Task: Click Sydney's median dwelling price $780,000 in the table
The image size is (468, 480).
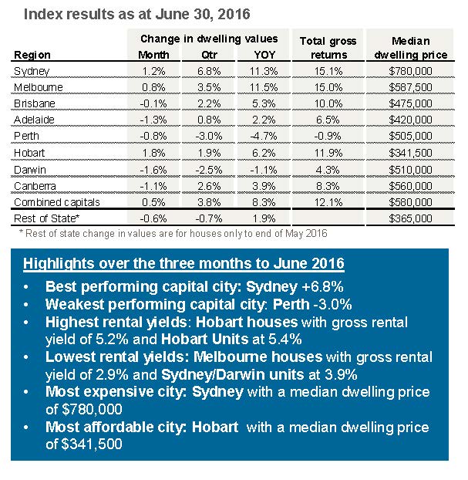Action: point(410,71)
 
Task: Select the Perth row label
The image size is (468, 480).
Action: point(26,136)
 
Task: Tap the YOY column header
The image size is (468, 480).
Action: point(264,55)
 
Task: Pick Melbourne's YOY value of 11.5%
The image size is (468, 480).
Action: point(264,87)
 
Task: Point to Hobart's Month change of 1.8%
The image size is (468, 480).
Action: point(154,153)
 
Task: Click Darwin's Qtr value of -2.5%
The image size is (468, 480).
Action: point(209,170)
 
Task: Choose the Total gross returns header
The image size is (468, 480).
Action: point(328,48)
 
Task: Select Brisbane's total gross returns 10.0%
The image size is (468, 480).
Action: point(328,103)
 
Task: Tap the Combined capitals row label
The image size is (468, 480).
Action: point(57,202)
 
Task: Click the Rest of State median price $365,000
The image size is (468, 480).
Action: point(410,218)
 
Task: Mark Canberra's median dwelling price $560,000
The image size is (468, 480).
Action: point(410,186)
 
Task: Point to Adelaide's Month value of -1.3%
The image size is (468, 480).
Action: point(153,120)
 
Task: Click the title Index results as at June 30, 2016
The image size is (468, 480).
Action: point(137,14)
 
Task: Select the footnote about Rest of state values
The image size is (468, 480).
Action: point(173,234)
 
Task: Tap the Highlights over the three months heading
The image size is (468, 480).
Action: point(183,264)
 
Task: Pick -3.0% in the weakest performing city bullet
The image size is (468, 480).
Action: point(332,305)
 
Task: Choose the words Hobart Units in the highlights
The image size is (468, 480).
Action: point(204,340)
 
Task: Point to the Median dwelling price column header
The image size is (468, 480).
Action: point(411,48)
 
